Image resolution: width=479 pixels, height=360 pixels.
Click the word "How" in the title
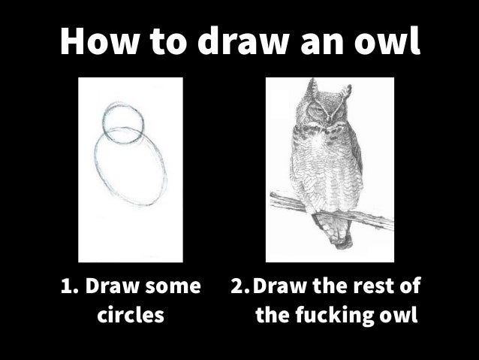pyautogui.click(x=98, y=41)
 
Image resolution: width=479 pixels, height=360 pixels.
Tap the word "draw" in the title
pyautogui.click(x=243, y=41)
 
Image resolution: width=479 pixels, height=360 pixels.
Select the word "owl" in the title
pyautogui.click(x=387, y=41)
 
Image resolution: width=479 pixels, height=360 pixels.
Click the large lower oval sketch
pyautogui.click(x=95, y=165)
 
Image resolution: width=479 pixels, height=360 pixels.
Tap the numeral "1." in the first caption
pyautogui.click(x=70, y=286)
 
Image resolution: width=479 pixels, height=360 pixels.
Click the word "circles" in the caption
pyautogui.click(x=131, y=314)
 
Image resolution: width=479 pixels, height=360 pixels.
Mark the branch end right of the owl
pyautogui.click(x=392, y=222)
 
